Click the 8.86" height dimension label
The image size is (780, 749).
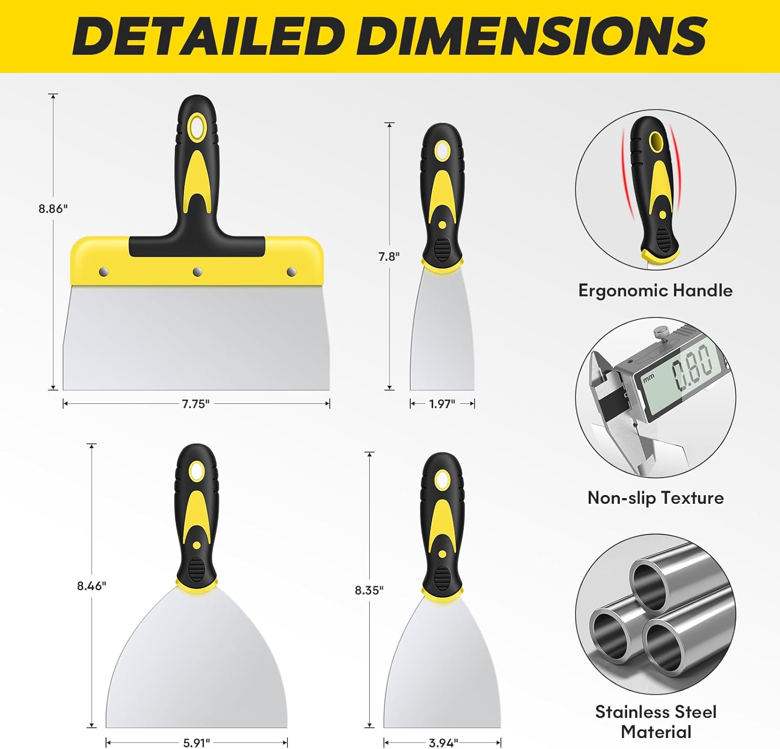pyautogui.click(x=53, y=209)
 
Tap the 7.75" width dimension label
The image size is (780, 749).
pyautogui.click(x=196, y=404)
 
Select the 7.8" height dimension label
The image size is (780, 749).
pyautogui.click(x=389, y=257)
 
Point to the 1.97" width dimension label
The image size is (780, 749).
pyautogui.click(x=442, y=404)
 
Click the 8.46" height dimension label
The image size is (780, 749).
pyautogui.click(x=92, y=586)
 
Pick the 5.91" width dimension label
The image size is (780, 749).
pyautogui.click(x=196, y=743)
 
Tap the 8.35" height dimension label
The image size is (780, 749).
pyautogui.click(x=369, y=590)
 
